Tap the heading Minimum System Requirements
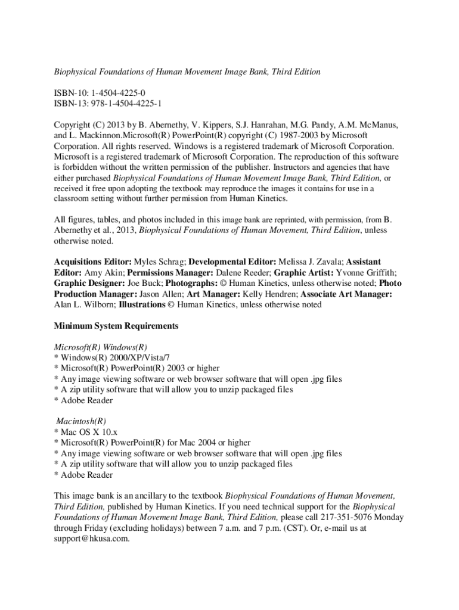click(116, 326)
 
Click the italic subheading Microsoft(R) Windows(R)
click(101, 347)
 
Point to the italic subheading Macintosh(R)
click(80, 421)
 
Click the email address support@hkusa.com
click(92, 539)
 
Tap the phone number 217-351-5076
click(334, 517)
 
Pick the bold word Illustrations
click(142, 304)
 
